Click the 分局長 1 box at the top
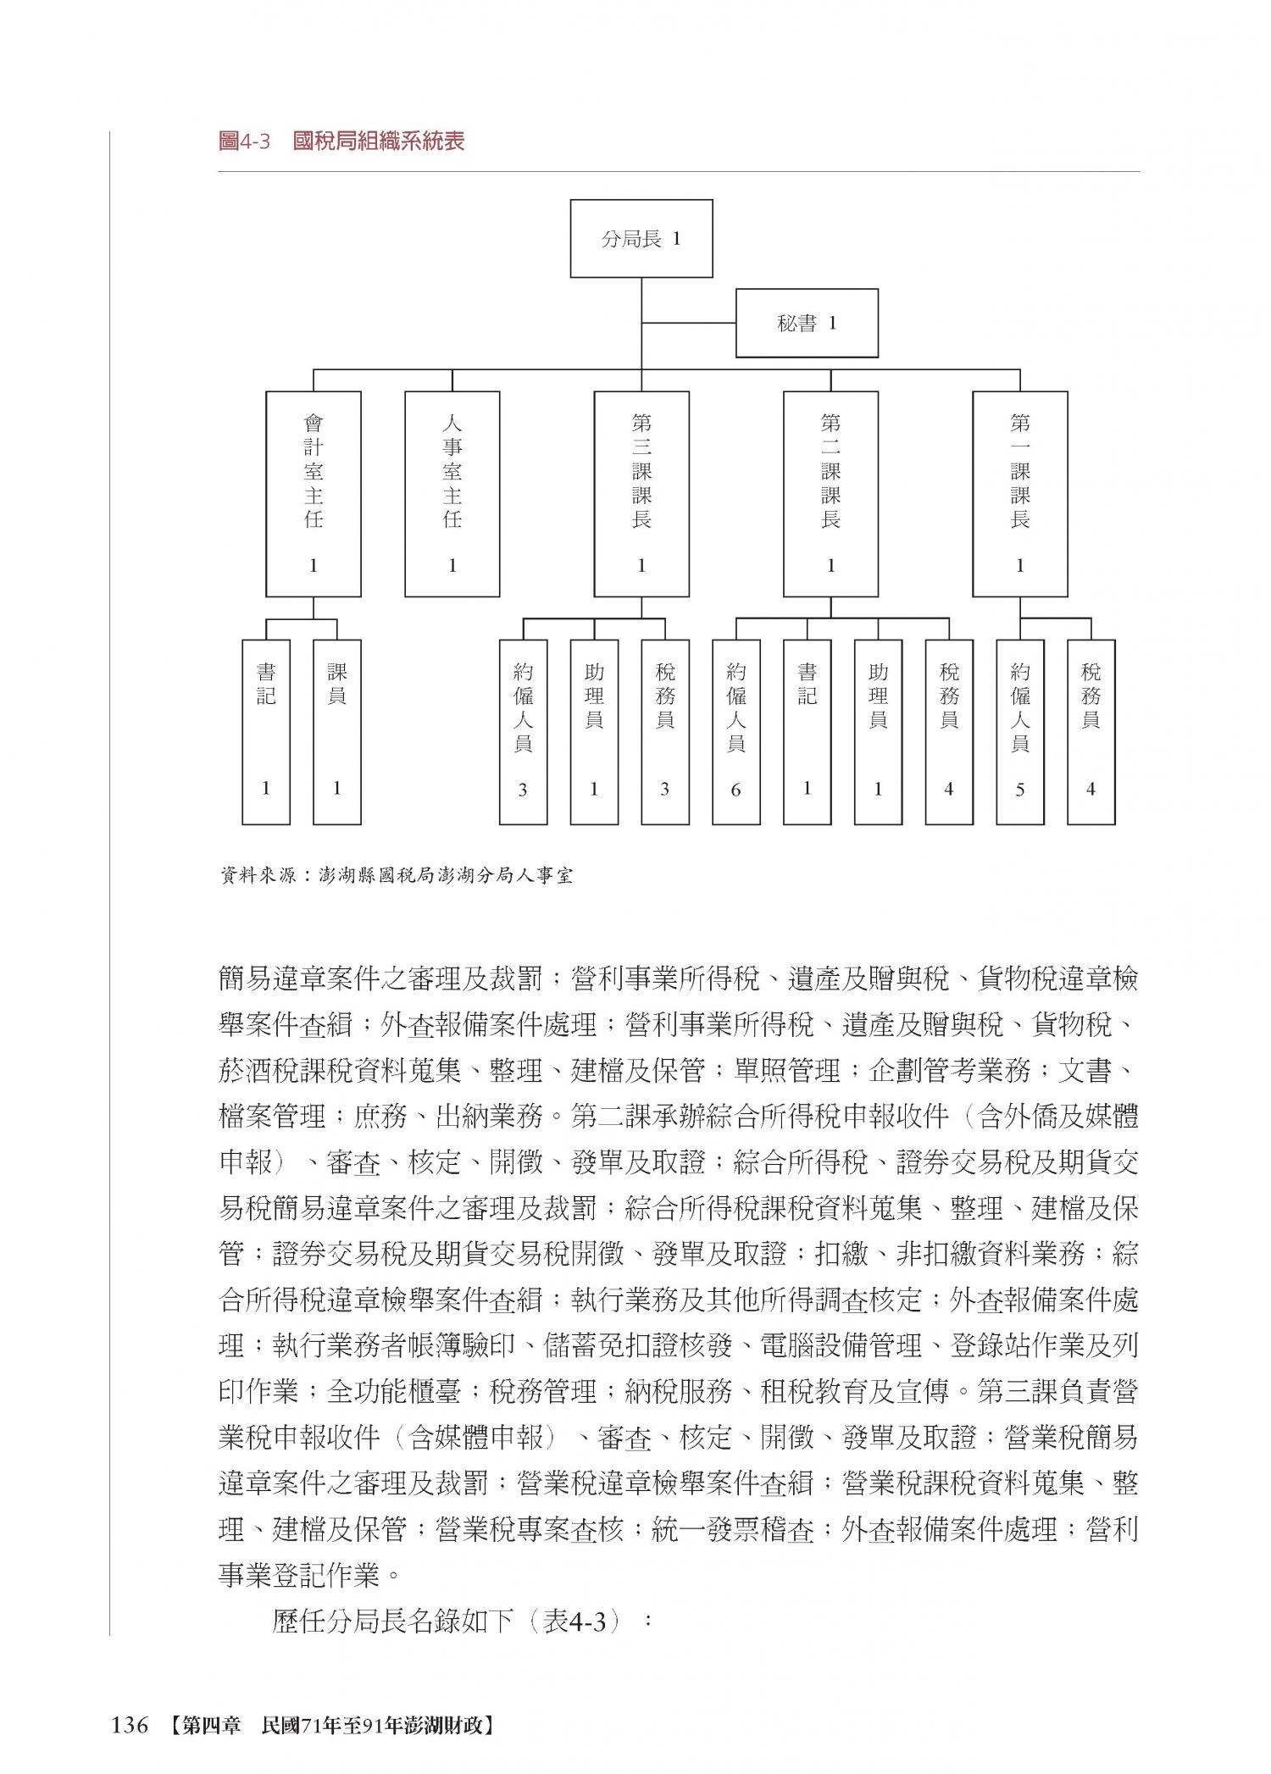point(641,238)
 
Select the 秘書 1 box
point(806,323)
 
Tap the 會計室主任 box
point(314,494)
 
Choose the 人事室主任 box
point(452,494)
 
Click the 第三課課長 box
point(641,494)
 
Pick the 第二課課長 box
point(830,494)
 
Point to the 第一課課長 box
point(1019,494)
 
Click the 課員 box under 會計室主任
point(337,731)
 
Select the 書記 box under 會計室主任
point(266,731)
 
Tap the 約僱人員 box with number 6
point(735,731)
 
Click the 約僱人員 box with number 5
point(1020,731)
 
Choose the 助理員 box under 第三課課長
point(594,731)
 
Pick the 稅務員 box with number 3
point(665,731)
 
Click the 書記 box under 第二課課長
point(807,731)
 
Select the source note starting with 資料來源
point(396,875)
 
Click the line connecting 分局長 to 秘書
point(688,323)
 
